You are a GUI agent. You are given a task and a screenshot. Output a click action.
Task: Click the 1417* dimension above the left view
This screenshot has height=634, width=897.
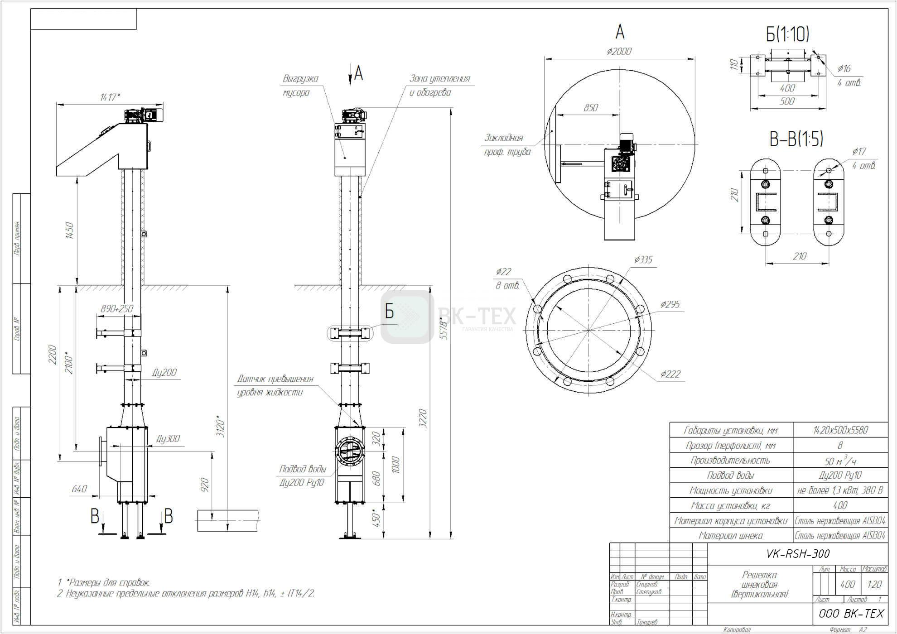[110, 97]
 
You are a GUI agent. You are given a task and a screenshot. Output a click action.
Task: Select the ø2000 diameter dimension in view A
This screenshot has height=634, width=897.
[619, 52]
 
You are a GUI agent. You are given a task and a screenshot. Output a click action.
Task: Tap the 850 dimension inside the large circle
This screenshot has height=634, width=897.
[591, 108]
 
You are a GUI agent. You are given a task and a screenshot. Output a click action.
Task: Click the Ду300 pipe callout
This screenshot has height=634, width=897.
[168, 438]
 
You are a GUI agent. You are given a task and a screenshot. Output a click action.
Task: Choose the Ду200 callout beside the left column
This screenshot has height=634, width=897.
[164, 373]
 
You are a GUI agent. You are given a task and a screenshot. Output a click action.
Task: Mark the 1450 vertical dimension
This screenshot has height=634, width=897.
[69, 231]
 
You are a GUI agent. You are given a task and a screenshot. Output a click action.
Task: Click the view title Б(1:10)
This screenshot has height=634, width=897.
[787, 34]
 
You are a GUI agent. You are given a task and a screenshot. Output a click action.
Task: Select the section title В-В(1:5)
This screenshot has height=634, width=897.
[796, 139]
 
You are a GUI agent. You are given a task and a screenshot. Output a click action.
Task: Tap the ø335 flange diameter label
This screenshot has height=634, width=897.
[643, 259]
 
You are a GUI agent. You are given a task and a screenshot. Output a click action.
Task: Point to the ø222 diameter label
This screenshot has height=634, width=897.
[670, 374]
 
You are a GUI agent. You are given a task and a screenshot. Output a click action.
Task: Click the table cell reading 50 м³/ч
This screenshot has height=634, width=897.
[840, 461]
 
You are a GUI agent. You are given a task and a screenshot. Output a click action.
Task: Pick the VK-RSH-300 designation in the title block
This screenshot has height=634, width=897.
[798, 553]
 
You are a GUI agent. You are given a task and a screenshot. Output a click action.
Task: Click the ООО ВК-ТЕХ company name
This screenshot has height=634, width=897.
[851, 613]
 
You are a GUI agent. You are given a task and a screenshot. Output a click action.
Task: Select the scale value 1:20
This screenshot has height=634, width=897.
[874, 584]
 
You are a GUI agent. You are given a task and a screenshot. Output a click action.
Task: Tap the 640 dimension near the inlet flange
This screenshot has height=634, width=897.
[79, 489]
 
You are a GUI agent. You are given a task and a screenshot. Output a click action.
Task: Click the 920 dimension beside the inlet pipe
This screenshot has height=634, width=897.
[204, 485]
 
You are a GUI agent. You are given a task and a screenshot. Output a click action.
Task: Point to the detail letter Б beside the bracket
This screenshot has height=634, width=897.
[389, 312]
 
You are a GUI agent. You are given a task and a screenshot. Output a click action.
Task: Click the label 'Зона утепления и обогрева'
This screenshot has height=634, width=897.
[439, 85]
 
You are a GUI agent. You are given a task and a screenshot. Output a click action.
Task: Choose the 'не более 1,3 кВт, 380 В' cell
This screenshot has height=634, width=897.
[840, 490]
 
